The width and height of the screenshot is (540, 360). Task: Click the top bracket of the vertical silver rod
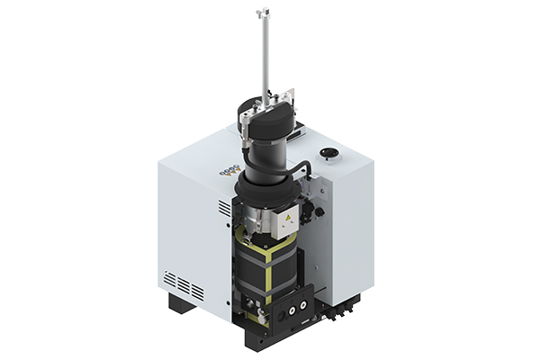(x=264, y=13)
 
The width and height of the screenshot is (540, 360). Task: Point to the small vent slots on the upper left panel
(x=223, y=208)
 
